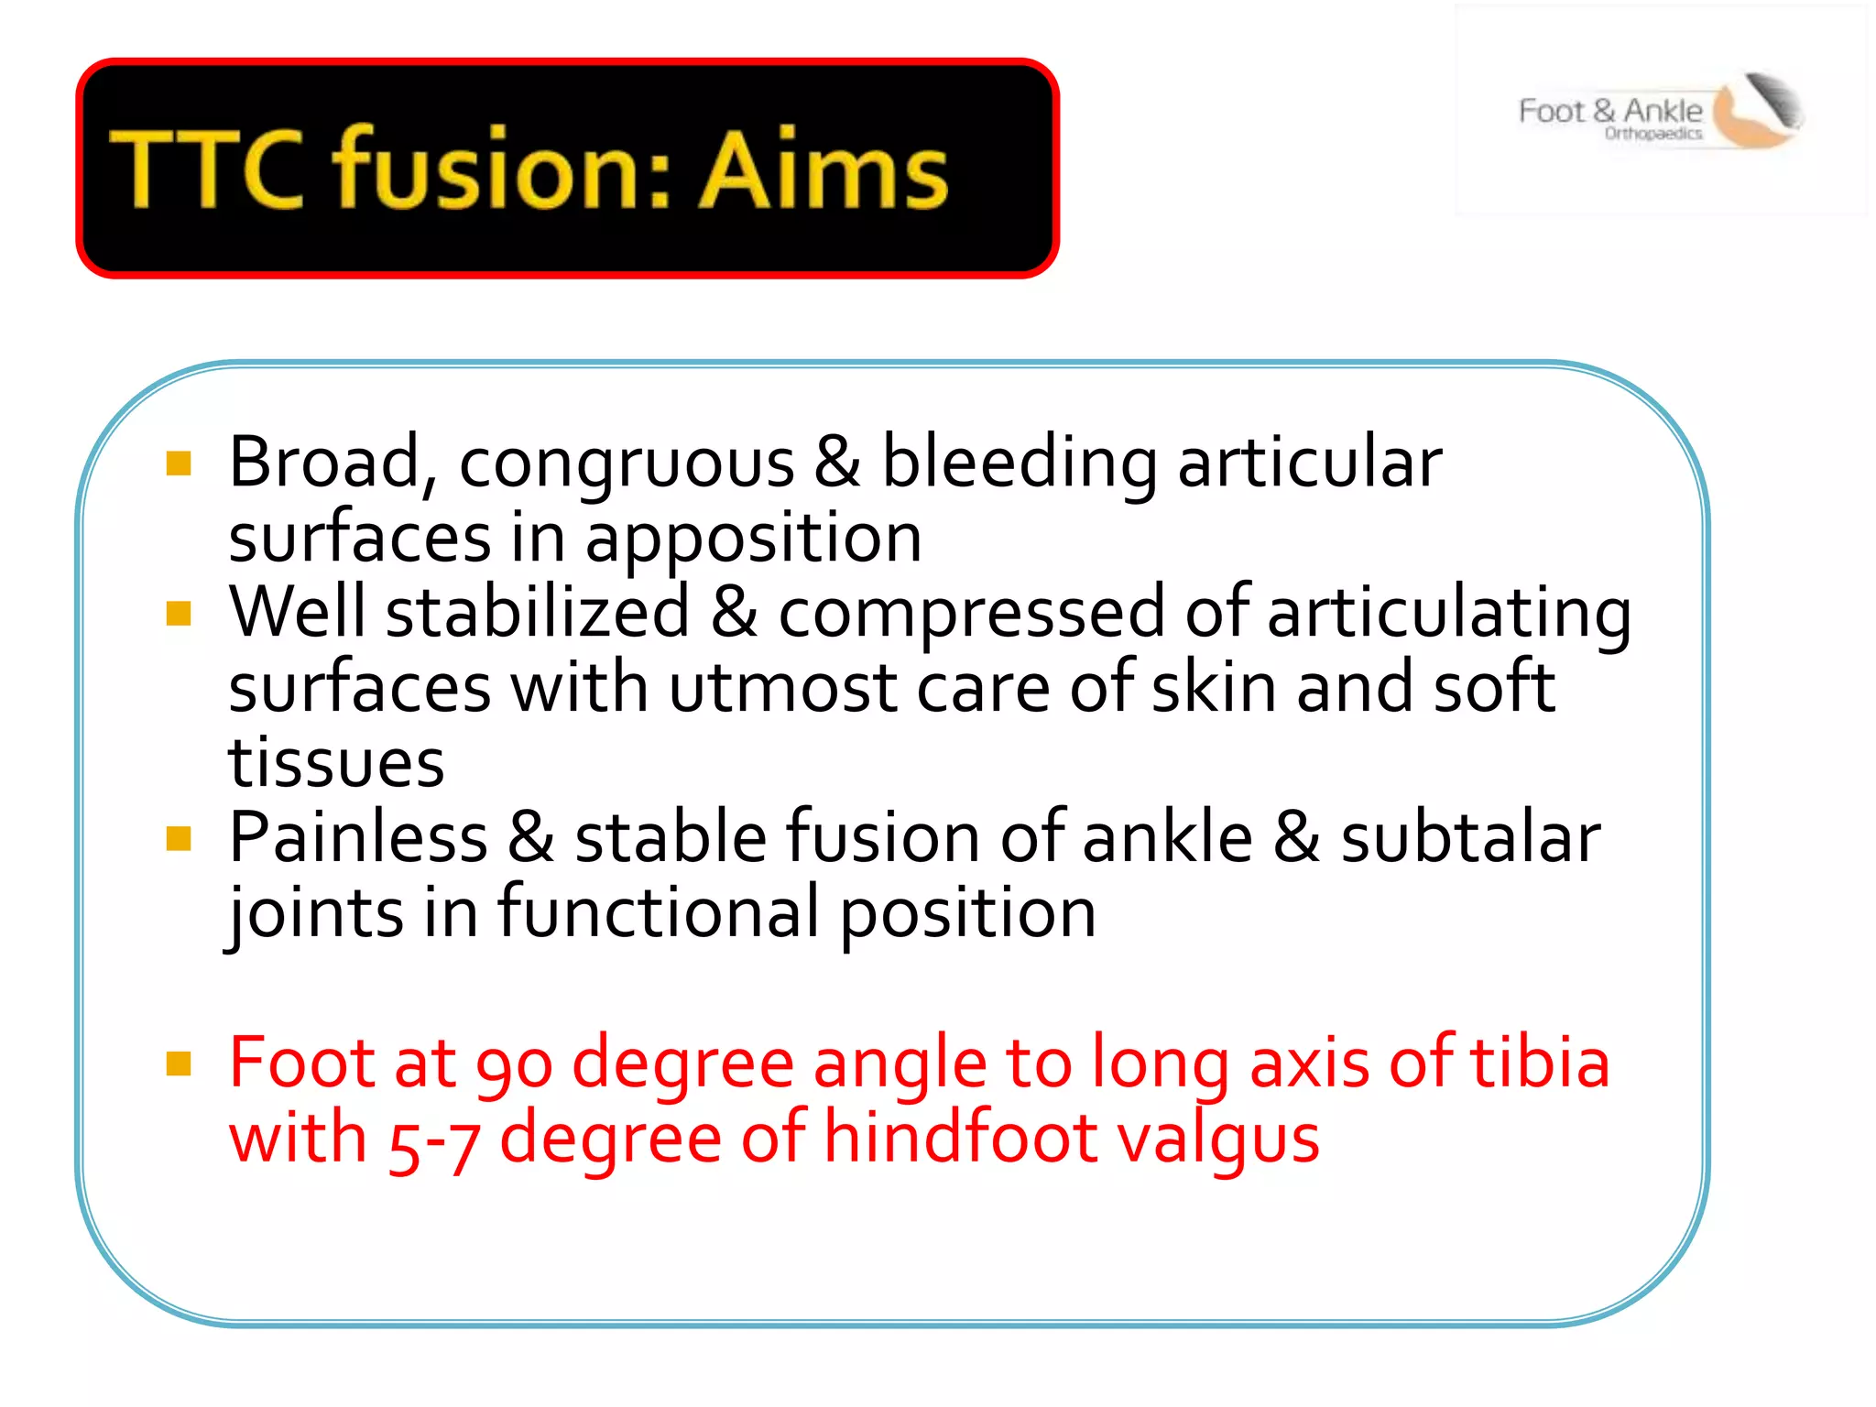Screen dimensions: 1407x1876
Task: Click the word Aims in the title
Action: [823, 170]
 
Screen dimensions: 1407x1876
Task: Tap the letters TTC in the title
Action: [206, 170]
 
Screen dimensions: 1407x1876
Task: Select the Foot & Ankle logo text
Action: [1609, 112]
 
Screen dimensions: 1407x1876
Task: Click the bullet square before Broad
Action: [179, 464]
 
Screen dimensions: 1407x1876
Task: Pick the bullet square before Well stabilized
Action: [179, 613]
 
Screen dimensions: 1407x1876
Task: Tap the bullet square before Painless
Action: [179, 838]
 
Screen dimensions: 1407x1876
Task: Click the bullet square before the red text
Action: [179, 1063]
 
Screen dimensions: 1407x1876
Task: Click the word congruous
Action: [627, 464]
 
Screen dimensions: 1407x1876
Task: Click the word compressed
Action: [971, 613]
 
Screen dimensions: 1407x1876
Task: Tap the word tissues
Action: [336, 763]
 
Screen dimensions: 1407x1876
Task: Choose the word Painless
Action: [358, 838]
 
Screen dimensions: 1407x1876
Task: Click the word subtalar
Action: [1470, 838]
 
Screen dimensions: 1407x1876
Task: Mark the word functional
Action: [659, 913]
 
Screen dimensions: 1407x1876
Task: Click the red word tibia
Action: [1539, 1063]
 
